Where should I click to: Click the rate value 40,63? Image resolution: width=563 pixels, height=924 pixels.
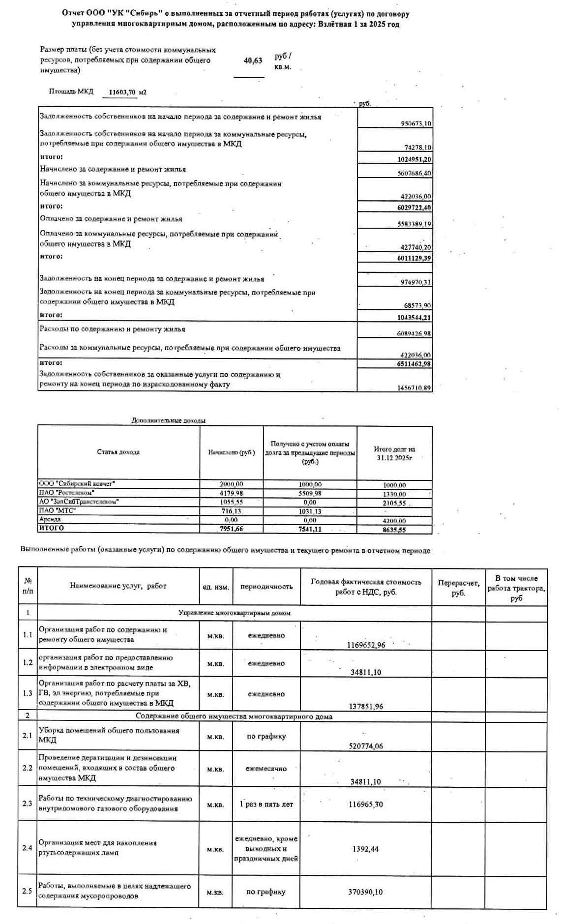[253, 61]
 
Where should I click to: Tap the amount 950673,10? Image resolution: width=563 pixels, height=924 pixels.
[416, 124]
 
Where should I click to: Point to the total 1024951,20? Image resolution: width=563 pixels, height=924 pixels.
[414, 159]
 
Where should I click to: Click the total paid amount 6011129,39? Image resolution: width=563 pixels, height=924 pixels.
[414, 258]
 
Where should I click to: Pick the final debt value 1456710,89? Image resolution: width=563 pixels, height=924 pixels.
[414, 388]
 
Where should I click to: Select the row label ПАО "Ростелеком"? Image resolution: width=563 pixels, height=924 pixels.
[66, 493]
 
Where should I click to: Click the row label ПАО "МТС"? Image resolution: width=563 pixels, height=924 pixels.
[58, 511]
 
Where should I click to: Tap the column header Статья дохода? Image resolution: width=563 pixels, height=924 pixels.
[118, 452]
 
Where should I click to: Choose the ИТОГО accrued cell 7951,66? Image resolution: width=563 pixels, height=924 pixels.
[231, 529]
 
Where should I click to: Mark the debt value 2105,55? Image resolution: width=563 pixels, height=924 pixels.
[395, 503]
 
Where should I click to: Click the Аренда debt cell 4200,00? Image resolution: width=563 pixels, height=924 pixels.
[395, 521]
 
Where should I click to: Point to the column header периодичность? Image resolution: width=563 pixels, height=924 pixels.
[266, 587]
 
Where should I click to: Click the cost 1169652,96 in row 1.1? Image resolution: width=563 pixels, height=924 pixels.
[366, 645]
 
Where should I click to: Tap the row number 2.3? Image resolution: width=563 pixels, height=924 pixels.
[28, 804]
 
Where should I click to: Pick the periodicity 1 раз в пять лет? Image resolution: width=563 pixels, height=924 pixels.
[266, 805]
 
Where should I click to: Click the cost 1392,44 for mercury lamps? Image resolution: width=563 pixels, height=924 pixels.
[365, 849]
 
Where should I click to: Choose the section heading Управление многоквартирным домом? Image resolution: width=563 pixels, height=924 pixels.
[234, 613]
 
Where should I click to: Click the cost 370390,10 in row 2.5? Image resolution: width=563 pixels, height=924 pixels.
[365, 892]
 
